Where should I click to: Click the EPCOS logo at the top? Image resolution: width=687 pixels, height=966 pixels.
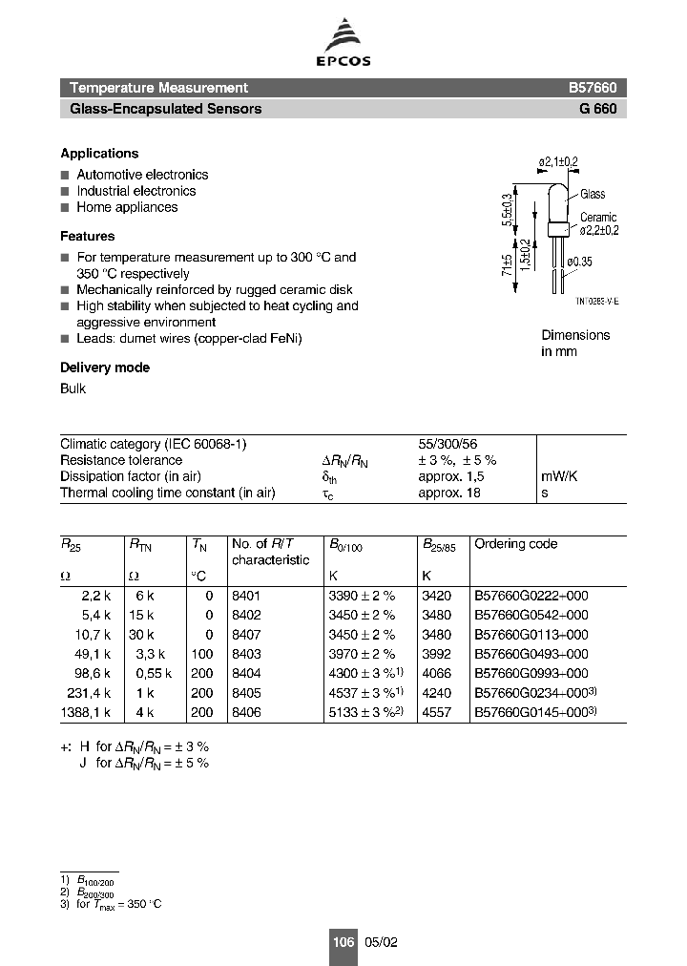pos(343,46)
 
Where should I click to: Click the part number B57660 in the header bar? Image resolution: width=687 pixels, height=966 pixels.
pos(593,87)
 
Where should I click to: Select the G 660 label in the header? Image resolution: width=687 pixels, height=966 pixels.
pos(597,109)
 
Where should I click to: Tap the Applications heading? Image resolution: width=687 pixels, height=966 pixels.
pos(99,154)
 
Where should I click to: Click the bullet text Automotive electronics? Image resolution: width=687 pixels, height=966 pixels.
pos(142,175)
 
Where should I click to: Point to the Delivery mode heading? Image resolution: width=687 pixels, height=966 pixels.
pos(105,367)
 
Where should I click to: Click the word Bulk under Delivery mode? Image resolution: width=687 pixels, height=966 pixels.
pos(73,388)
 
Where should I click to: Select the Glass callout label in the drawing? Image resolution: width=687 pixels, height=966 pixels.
pos(593,194)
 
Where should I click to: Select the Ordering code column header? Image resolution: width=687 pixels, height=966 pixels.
pos(516,544)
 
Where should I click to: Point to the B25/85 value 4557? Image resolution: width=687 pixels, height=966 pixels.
pos(438,712)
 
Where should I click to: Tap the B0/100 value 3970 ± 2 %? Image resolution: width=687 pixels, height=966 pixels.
pos(363,653)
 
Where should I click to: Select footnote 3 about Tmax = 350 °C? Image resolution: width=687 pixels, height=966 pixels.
pos(114,903)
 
